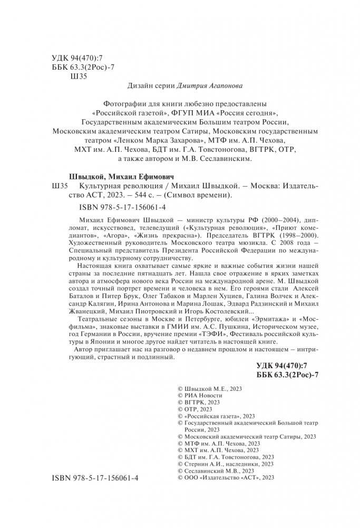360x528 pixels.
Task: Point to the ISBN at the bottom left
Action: coord(95,477)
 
